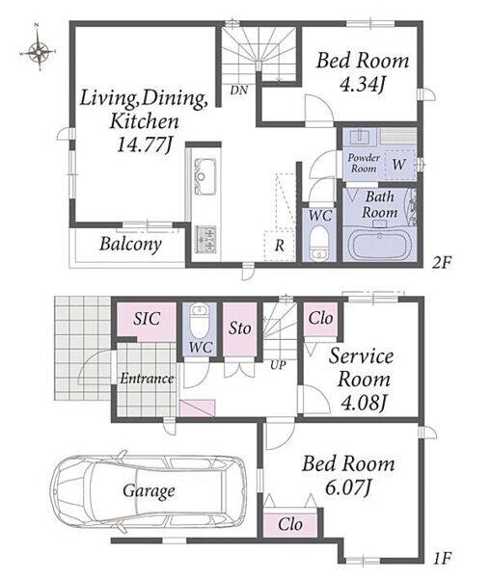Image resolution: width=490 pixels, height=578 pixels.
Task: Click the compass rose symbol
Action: tap(38, 51)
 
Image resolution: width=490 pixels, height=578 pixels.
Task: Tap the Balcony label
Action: tap(130, 244)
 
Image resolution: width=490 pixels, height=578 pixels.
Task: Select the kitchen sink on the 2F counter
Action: tap(204, 176)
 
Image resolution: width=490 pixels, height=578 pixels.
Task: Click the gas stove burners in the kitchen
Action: tap(205, 239)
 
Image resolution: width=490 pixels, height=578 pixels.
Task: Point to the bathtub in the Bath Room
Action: tap(380, 246)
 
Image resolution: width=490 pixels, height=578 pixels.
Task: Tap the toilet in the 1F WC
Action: tap(200, 319)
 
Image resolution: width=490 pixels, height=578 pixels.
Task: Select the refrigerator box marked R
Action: tap(280, 246)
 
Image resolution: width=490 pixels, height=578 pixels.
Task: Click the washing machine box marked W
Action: tap(400, 165)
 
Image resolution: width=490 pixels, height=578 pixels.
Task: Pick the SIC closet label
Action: tap(147, 319)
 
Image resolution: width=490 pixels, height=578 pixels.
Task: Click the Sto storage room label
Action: tap(240, 328)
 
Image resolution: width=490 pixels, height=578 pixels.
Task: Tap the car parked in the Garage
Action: tap(148, 491)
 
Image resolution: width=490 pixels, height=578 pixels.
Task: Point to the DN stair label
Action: tap(239, 90)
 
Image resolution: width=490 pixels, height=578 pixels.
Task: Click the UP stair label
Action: tap(278, 365)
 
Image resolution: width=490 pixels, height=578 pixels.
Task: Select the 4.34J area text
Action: tap(363, 85)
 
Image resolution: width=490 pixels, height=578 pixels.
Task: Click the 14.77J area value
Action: tap(145, 144)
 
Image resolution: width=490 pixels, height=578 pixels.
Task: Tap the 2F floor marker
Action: tap(442, 262)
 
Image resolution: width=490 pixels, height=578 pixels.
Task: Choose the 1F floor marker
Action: tap(442, 559)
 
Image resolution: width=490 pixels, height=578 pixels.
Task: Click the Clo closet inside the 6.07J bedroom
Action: tap(290, 524)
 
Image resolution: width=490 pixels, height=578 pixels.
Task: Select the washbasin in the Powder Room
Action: tap(360, 137)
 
